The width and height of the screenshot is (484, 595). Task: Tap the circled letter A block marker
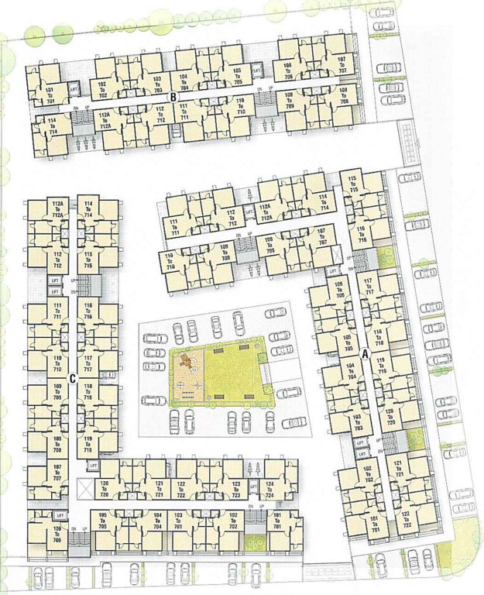pos(366,356)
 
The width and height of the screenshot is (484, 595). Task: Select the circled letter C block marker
pos(71,379)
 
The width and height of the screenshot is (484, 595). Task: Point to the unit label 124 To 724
pos(269,488)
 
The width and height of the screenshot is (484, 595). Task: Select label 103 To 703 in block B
pos(157,82)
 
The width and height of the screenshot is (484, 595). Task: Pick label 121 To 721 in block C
pos(159,488)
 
